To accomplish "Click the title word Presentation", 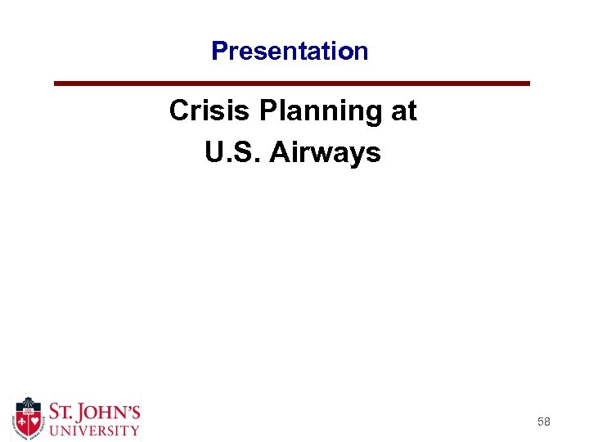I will coord(290,51).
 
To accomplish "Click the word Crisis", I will coord(203,110).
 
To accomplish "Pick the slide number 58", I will coord(543,422).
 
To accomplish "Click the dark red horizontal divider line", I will coord(292,83).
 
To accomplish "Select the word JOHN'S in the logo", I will coord(111,411).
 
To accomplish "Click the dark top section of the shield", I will coord(29,407).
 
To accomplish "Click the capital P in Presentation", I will coord(218,51).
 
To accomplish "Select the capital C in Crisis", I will coord(178,110).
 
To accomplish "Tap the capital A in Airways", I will coord(280,152).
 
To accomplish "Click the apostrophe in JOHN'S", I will coord(127,405).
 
